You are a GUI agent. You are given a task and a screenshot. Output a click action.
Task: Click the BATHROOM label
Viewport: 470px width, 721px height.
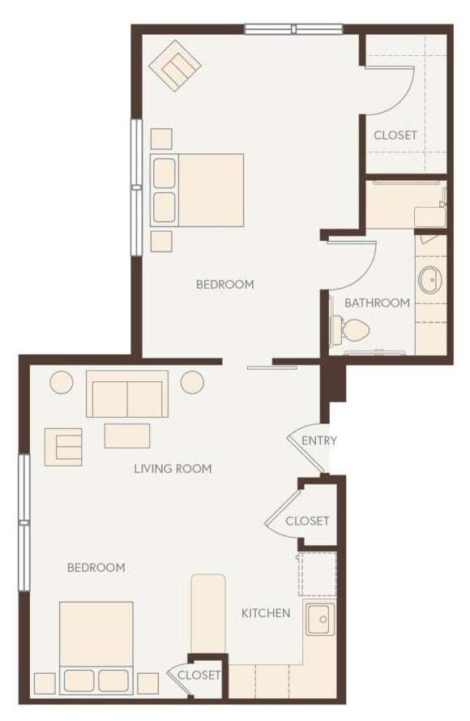[x=377, y=303]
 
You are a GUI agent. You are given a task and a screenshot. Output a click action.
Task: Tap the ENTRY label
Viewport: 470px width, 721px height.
[x=318, y=440]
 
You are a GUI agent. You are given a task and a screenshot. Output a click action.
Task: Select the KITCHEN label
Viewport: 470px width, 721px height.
[x=266, y=612]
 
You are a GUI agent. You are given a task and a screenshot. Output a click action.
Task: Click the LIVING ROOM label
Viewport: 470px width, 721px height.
[x=173, y=468]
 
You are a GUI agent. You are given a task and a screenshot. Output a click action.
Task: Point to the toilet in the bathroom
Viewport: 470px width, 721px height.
[x=353, y=328]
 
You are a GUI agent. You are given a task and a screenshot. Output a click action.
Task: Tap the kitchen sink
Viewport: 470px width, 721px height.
[x=318, y=620]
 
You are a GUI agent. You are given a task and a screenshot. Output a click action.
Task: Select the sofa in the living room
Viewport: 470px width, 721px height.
[x=127, y=395]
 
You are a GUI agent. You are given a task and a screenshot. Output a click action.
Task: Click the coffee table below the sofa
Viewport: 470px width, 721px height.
[x=127, y=436]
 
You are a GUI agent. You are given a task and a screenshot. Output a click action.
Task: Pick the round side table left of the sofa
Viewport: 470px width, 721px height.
[x=62, y=382]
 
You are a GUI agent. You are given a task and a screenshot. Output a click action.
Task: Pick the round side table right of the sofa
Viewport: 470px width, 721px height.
[x=192, y=382]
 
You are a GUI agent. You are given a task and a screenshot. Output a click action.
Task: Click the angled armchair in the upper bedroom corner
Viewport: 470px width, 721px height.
[x=175, y=66]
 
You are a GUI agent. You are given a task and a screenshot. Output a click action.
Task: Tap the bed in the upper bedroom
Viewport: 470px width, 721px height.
[x=198, y=190]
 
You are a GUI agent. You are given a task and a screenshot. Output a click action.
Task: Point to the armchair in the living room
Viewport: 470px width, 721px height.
[x=63, y=446]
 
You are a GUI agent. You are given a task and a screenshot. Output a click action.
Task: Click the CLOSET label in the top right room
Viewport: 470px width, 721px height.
[x=395, y=135]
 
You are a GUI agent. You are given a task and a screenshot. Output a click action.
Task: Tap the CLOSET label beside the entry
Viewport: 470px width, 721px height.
[x=307, y=521]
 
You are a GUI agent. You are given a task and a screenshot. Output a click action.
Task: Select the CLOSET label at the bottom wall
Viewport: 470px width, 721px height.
[x=199, y=675]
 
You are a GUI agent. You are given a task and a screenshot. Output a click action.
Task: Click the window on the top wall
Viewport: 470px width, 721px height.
[x=294, y=30]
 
